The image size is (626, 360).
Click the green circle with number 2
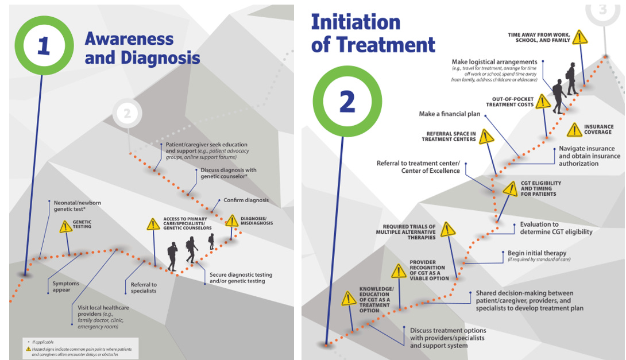[x=347, y=102]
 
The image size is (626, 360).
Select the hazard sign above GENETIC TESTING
[x=67, y=227]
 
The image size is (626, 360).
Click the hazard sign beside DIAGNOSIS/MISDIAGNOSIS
[x=232, y=221]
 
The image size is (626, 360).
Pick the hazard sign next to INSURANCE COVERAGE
[x=574, y=130]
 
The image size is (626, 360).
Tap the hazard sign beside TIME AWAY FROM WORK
[x=580, y=38]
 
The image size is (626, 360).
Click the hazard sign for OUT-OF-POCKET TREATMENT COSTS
[x=543, y=102]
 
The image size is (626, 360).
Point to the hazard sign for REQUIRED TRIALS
[x=447, y=230]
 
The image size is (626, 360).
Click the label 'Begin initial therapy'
[x=537, y=253]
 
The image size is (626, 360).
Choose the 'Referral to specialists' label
[x=140, y=288]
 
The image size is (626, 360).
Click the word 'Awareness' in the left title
[x=129, y=39]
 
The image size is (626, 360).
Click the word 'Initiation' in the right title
[x=355, y=22]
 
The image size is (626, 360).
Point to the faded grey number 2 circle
[x=127, y=114]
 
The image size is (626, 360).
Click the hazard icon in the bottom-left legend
[x=28, y=349]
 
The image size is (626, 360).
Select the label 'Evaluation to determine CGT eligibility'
[x=556, y=228]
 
